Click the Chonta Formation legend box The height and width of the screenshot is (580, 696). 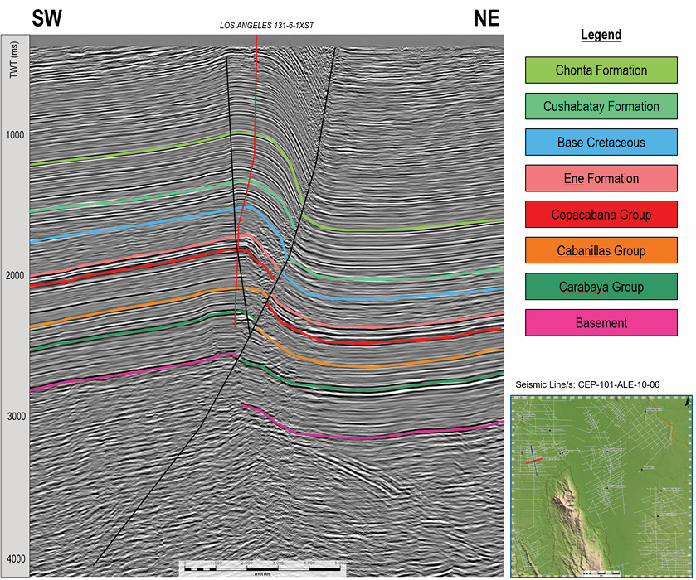point(601,70)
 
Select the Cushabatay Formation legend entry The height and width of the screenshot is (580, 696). point(601,106)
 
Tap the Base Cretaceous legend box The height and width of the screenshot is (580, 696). point(601,143)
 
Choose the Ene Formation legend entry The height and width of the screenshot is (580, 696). point(601,178)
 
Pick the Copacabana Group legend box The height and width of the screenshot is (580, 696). point(601,215)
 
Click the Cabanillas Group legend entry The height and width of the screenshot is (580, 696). point(601,250)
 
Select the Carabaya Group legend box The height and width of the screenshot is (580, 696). point(601,287)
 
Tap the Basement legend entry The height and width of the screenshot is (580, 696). point(601,322)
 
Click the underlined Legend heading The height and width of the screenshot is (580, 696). point(601,36)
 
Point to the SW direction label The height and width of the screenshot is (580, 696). point(49,19)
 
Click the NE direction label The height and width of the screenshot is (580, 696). point(486,19)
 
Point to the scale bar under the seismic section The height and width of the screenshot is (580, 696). point(261,567)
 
